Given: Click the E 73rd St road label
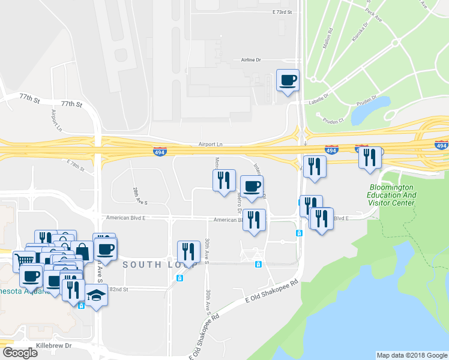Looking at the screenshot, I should tap(281, 12).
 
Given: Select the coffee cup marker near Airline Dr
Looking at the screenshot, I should tap(288, 80).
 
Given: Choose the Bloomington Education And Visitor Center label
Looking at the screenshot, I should tap(392, 195).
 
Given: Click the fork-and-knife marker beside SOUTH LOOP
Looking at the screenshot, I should tap(188, 251).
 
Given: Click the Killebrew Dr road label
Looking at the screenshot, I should tap(53, 346).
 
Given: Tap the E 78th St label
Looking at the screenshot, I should tap(77, 165).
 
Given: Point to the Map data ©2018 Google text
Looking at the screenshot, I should tap(412, 355).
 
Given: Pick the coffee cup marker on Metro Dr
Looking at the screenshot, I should tap(252, 187).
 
